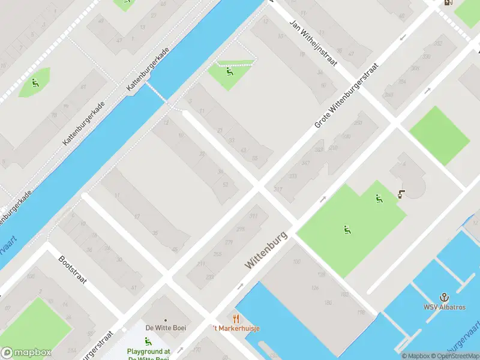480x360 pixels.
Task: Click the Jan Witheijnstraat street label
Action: click(314, 43)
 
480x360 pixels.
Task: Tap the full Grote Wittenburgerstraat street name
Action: click(347, 95)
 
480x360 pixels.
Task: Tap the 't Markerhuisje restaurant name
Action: click(227, 328)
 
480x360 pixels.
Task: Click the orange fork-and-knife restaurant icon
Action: click(236, 319)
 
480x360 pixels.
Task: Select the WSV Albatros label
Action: click(444, 307)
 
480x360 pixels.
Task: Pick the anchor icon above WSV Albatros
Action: click(444, 296)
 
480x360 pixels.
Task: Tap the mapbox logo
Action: click(26, 352)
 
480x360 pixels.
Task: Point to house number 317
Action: click(278, 190)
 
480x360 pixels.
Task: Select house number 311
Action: click(253, 216)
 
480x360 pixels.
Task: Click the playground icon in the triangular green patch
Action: click(229, 73)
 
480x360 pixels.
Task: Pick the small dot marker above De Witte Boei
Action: click(164, 319)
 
